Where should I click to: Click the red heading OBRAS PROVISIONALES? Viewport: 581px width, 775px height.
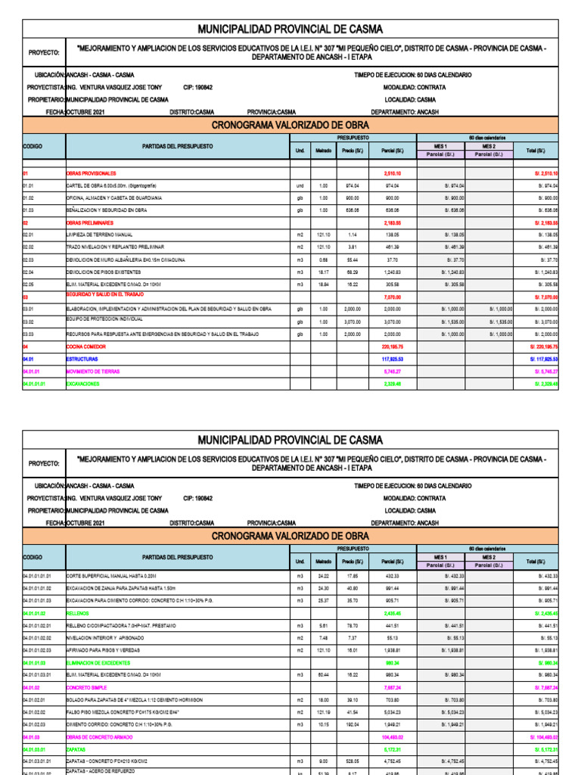pyautogui.click(x=92, y=173)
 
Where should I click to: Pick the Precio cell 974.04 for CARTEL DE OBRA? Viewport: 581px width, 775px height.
pyautogui.click(x=352, y=185)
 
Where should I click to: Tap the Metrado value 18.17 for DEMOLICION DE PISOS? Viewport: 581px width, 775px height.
pyautogui.click(x=323, y=272)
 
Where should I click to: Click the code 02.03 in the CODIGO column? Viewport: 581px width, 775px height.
pyautogui.click(x=28, y=260)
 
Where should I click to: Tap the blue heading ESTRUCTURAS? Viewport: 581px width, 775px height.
pyautogui.click(x=82, y=359)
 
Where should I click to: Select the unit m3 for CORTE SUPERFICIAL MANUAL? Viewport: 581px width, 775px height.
pyautogui.click(x=300, y=576)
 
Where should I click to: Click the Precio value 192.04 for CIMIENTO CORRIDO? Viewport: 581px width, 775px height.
pyautogui.click(x=352, y=724)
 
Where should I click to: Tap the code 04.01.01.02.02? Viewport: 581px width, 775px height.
pyautogui.click(x=37, y=638)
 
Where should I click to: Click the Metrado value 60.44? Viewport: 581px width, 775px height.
pyautogui.click(x=323, y=675)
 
